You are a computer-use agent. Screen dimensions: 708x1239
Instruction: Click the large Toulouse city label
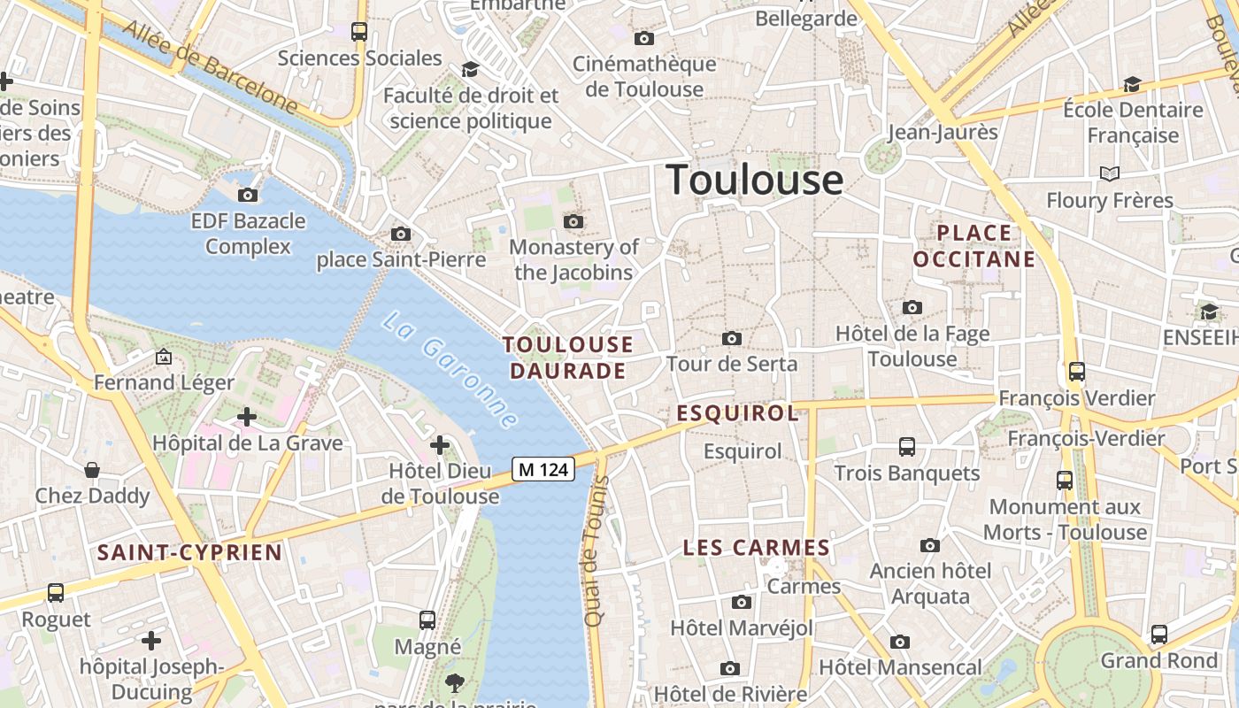point(754,180)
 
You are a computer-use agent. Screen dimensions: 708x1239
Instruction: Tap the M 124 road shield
point(543,469)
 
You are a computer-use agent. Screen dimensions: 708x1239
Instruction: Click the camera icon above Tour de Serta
point(732,338)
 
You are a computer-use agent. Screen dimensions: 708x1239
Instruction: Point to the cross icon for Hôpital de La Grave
point(247,416)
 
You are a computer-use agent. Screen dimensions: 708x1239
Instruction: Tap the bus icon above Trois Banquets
point(907,447)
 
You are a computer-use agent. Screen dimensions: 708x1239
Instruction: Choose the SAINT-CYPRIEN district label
point(189,553)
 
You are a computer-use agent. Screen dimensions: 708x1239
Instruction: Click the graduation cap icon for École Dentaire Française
point(1132,84)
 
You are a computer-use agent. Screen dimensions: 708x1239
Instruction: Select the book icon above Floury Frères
point(1110,173)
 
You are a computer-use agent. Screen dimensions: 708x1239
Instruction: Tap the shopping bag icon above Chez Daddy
point(92,469)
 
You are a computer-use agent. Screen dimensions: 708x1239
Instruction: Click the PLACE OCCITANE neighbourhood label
point(973,246)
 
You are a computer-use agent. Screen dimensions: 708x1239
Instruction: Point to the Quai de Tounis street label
point(598,550)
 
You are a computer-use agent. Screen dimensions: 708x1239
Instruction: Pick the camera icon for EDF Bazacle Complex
point(248,195)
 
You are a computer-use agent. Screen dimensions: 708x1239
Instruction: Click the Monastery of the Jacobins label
point(573,259)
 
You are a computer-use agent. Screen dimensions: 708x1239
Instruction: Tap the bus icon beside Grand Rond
point(1159,635)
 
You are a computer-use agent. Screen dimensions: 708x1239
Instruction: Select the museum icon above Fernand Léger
point(164,357)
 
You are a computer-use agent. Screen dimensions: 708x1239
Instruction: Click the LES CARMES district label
point(756,548)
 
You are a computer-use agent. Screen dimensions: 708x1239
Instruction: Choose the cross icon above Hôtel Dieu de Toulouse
point(440,445)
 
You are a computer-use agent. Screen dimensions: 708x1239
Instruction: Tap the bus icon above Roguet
point(56,593)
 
